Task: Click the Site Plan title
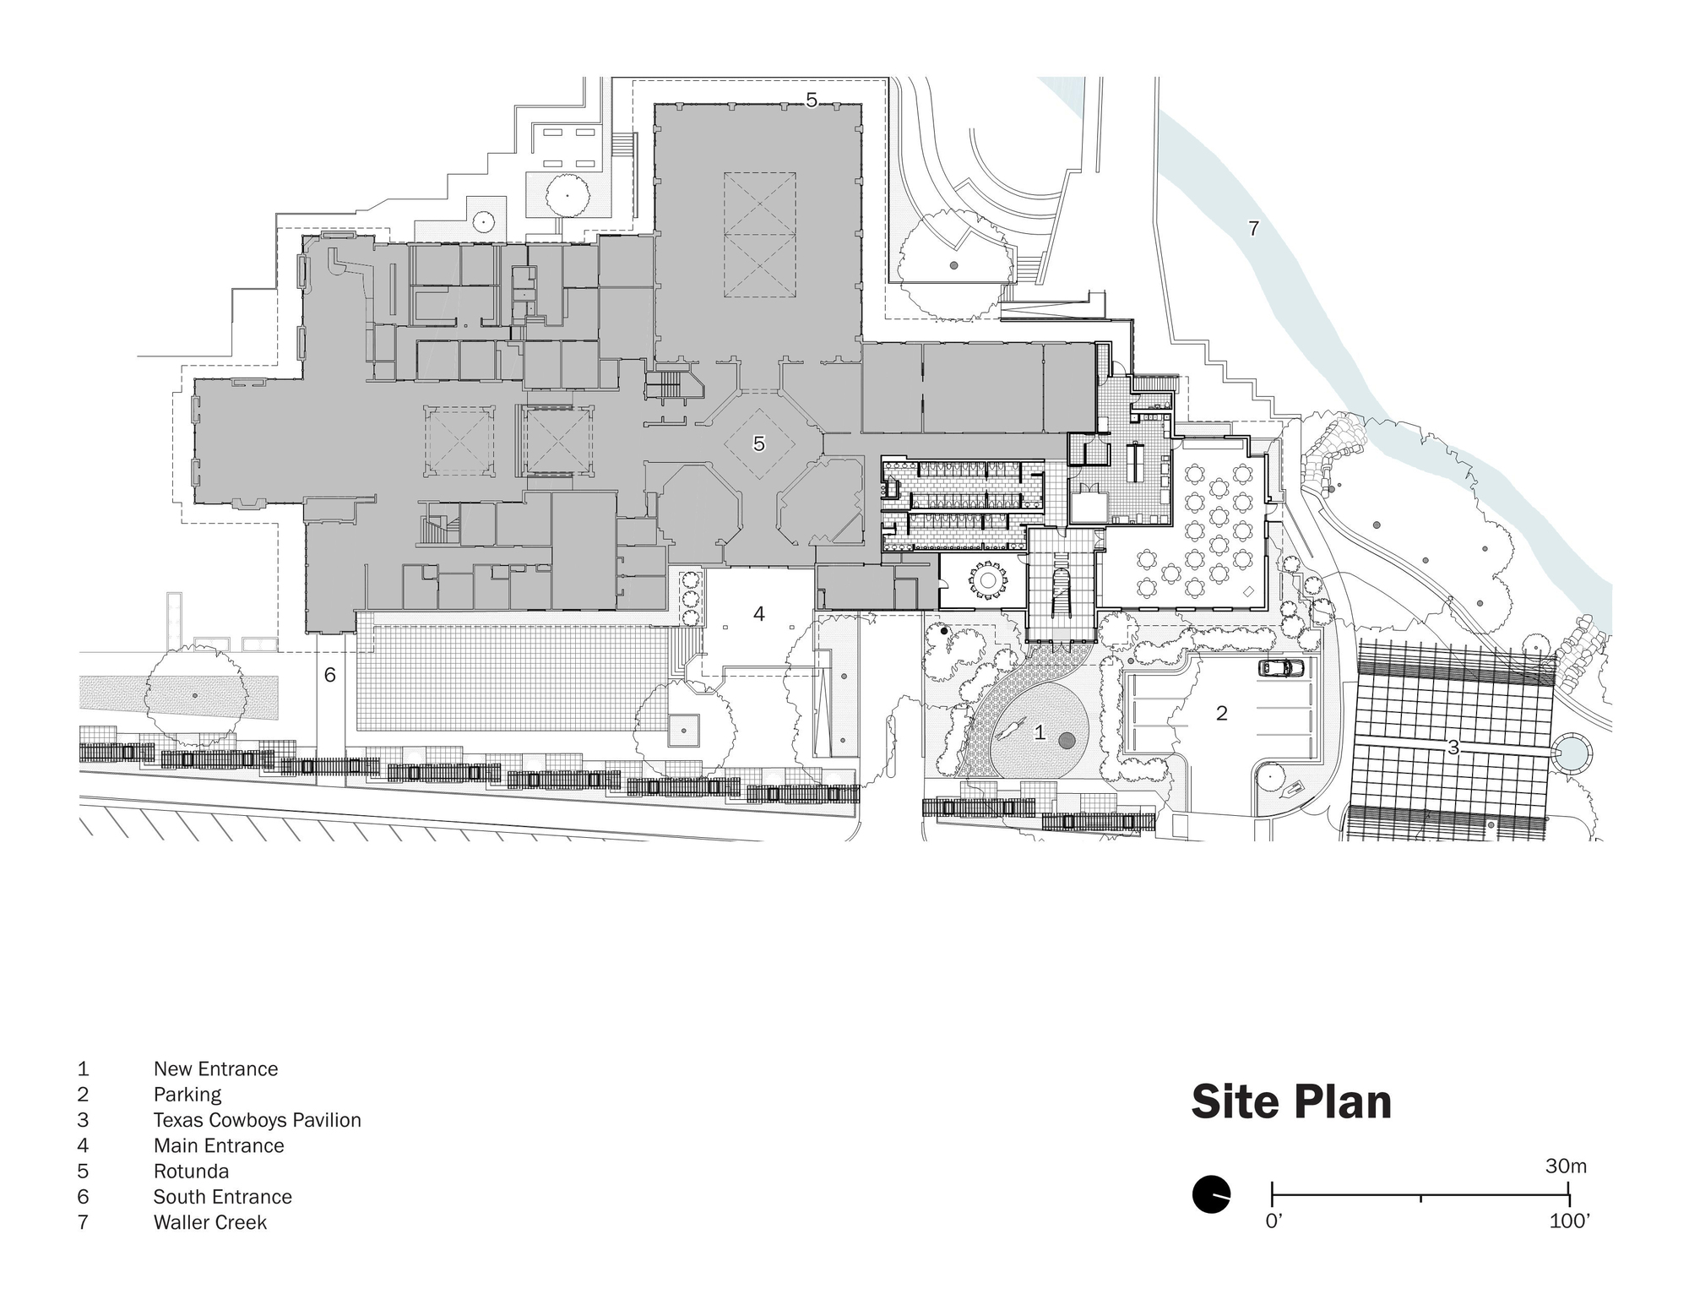tap(1291, 1102)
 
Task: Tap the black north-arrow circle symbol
tap(1211, 1194)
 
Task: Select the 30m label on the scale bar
tap(1566, 1166)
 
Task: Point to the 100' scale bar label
tap(1569, 1221)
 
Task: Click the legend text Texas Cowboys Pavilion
tap(257, 1120)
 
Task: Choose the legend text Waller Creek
tap(209, 1222)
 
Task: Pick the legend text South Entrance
tap(222, 1197)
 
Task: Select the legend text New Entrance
tap(215, 1069)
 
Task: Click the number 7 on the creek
tap(1253, 228)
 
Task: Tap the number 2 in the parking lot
tap(1221, 714)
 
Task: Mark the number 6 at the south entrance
tap(330, 675)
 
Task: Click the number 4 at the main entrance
tap(759, 614)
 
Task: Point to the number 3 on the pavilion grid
tap(1453, 748)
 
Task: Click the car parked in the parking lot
tap(1281, 668)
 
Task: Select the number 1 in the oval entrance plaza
tap(1040, 733)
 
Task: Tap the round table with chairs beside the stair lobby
tap(987, 580)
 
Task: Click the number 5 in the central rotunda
tap(759, 443)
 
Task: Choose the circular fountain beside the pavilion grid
tap(1570, 752)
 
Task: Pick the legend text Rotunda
tap(191, 1172)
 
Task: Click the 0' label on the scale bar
tap(1274, 1221)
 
